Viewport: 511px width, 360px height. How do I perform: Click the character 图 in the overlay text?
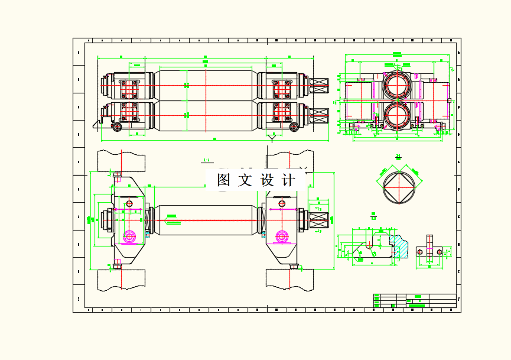click(224, 180)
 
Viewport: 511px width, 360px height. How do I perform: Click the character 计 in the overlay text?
click(288, 180)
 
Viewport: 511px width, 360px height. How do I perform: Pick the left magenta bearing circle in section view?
click(129, 237)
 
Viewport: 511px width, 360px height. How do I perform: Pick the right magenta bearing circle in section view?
click(281, 237)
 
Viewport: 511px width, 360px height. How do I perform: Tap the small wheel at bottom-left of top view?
click(118, 127)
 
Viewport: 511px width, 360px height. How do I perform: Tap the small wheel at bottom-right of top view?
click(294, 127)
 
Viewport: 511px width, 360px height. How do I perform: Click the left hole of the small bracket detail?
click(419, 252)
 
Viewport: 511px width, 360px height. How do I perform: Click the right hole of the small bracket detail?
click(439, 252)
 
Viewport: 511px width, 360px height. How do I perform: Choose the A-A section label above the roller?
click(207, 160)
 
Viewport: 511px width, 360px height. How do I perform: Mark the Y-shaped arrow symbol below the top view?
click(272, 138)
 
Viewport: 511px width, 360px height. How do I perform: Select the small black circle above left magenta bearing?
click(129, 202)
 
